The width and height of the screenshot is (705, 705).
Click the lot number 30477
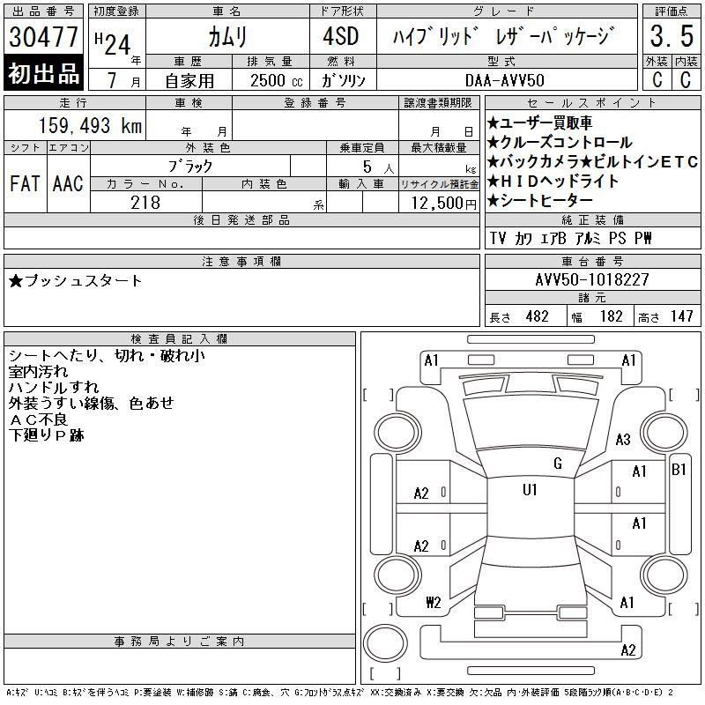(x=43, y=37)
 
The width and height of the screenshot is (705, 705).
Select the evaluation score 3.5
(x=670, y=37)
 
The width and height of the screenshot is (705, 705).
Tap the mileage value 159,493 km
(x=88, y=125)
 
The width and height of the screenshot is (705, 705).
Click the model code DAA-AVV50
(x=505, y=79)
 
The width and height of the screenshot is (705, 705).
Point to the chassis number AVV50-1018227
(x=592, y=279)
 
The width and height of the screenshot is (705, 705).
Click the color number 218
(x=145, y=202)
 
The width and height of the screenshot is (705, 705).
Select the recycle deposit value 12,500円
(x=439, y=202)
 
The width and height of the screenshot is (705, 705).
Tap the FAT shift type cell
(x=24, y=183)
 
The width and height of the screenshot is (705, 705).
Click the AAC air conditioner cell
(x=67, y=183)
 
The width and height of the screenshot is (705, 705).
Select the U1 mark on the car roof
(x=531, y=489)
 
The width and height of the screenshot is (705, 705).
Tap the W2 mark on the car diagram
(x=433, y=603)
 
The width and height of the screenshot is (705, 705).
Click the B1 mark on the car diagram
(x=679, y=469)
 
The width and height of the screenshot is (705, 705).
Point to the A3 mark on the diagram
(x=623, y=439)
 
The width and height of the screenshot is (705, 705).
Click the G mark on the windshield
(x=557, y=464)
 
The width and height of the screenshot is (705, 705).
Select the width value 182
(x=611, y=316)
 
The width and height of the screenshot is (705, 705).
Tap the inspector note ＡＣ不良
(x=40, y=419)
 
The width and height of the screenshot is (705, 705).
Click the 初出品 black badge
(x=43, y=74)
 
